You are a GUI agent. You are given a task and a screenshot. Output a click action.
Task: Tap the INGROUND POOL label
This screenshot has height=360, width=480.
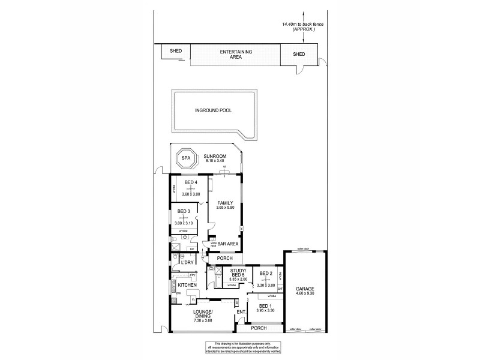(213, 111)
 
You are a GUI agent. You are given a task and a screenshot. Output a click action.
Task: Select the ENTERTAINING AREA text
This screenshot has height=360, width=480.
(236, 55)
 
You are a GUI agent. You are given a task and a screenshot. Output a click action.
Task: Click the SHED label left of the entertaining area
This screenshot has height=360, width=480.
(176, 52)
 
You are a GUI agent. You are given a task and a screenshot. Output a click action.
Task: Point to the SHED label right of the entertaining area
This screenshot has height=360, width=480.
(299, 55)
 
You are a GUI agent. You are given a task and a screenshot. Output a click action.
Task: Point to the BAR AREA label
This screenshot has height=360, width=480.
(227, 244)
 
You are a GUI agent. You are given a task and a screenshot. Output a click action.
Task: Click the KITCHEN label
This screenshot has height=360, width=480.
(187, 284)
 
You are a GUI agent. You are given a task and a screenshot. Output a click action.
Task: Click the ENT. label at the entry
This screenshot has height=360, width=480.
(241, 312)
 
